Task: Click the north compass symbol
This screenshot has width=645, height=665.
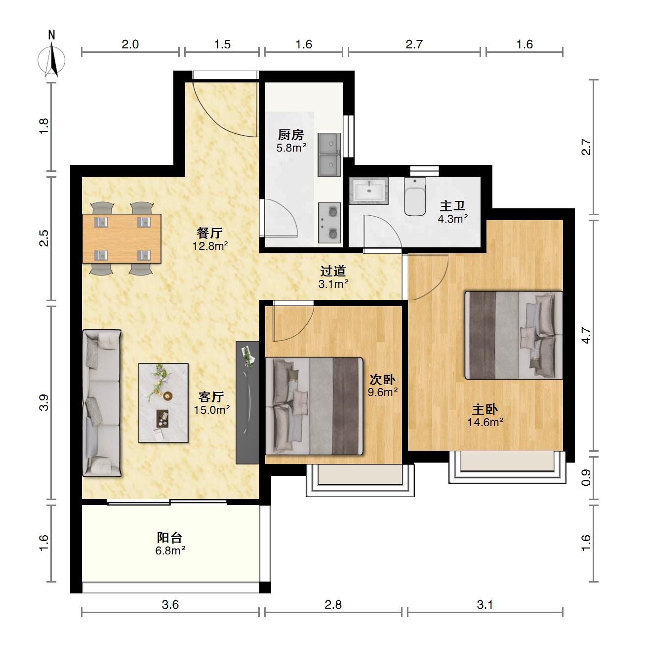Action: coord(51,56)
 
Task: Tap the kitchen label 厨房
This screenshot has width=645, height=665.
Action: coord(290,135)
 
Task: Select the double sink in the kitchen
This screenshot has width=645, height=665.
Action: coord(329,155)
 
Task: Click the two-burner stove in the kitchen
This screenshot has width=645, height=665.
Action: coord(329,223)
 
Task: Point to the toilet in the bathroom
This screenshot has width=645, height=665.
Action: coord(415,196)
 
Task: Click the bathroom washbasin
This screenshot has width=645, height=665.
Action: coord(368,191)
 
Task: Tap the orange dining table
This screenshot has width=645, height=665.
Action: coord(121,238)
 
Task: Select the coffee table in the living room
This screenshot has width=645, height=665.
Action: coord(163,403)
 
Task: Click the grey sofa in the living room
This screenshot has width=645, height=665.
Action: coord(102,403)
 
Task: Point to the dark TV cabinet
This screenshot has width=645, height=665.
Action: coord(247,402)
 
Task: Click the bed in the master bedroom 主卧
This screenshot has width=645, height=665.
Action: coord(514,335)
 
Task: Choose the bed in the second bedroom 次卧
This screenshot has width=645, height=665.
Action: coord(314,406)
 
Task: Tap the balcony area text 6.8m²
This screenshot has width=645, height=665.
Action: coord(170,550)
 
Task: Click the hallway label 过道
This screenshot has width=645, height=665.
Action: coord(333,271)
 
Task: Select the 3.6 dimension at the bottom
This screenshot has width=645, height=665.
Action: coord(170,604)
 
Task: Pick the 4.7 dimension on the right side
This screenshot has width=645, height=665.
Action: coord(586,335)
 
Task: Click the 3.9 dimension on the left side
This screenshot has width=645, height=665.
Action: coord(44,402)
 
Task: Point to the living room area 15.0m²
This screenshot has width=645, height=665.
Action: coord(211,410)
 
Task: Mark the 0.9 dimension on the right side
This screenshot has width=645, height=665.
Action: coord(586,477)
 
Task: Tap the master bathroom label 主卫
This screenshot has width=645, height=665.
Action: coord(452,206)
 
